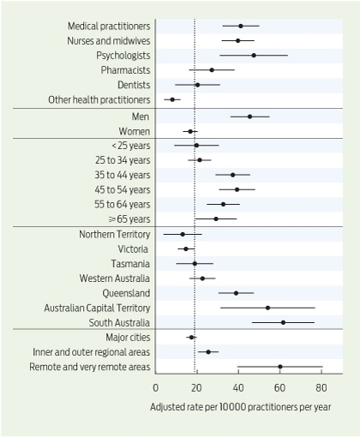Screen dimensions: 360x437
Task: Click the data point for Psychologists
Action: pyautogui.click(x=254, y=55)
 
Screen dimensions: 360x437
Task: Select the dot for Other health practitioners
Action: pyautogui.click(x=172, y=99)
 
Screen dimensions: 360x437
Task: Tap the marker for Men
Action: pyautogui.click(x=249, y=117)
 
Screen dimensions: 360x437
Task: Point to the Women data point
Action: pyautogui.click(x=190, y=131)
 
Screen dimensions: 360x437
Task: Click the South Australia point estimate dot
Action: pyautogui.click(x=283, y=322)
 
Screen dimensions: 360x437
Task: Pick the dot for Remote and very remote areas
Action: pyautogui.click(x=280, y=367)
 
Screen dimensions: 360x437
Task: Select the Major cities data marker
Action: pyautogui.click(x=191, y=338)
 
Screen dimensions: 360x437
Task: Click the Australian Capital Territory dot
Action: pyautogui.click(x=267, y=308)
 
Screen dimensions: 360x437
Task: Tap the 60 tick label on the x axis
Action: pyautogui.click(x=279, y=388)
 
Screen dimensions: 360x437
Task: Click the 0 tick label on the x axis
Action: pyautogui.click(x=155, y=388)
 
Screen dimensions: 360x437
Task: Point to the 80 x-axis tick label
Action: pyautogui.click(x=321, y=388)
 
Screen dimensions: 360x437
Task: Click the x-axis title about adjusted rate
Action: pyautogui.click(x=240, y=407)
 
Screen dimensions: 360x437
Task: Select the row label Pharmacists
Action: pyautogui.click(x=125, y=70)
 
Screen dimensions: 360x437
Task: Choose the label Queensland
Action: pyautogui.click(x=126, y=293)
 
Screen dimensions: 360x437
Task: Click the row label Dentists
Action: pyautogui.click(x=134, y=85)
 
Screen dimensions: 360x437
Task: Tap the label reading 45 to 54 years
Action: pyautogui.click(x=123, y=189)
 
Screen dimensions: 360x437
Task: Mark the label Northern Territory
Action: pyautogui.click(x=115, y=234)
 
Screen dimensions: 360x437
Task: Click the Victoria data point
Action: pyautogui.click(x=186, y=248)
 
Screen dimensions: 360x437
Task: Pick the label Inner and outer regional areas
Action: pyautogui.click(x=92, y=352)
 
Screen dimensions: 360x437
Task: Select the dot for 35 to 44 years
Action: pyautogui.click(x=232, y=175)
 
